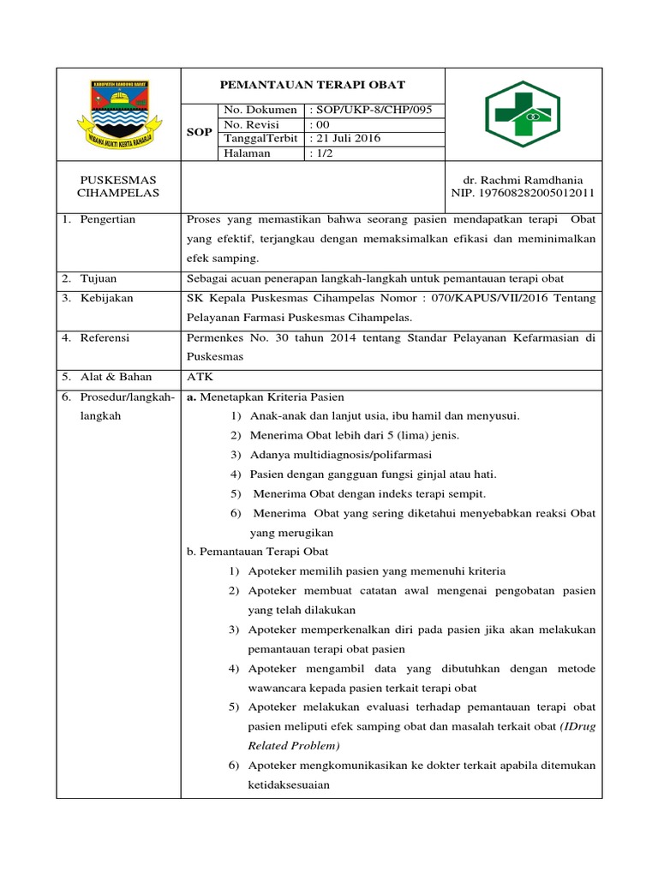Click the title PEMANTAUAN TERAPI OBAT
pyautogui.click(x=313, y=85)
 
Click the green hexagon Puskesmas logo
pyautogui.click(x=523, y=113)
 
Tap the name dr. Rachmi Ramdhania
pyautogui.click(x=523, y=181)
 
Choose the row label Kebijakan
pyautogui.click(x=106, y=299)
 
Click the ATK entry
pyautogui.click(x=198, y=377)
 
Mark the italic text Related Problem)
pyautogui.click(x=290, y=746)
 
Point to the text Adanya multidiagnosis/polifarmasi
pyautogui.click(x=341, y=455)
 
